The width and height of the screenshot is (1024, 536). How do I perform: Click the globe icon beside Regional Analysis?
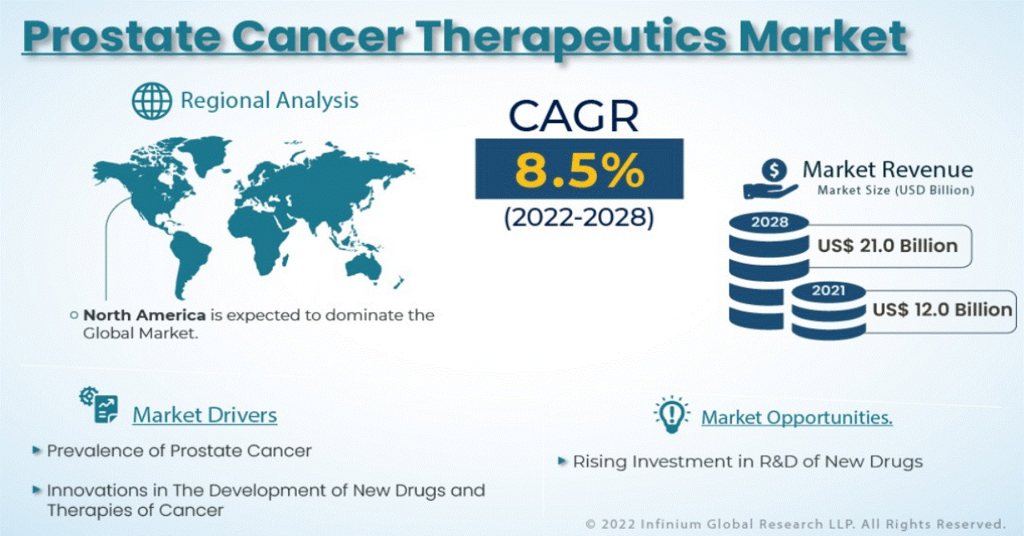[x=152, y=101]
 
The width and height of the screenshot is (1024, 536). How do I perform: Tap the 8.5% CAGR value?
[x=580, y=170]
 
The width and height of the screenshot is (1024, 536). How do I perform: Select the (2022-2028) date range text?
[x=579, y=218]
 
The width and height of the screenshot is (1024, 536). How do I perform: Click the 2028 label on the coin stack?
[x=770, y=222]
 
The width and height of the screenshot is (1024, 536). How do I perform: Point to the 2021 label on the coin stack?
[x=828, y=291]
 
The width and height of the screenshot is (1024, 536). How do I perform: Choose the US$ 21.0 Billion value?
[x=887, y=246]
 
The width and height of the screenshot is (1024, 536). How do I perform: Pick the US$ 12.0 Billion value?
[x=942, y=310]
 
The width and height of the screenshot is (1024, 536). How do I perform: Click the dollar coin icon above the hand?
[x=774, y=170]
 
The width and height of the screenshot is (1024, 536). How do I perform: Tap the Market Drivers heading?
[x=205, y=415]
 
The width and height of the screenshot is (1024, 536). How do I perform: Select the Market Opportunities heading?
[x=797, y=418]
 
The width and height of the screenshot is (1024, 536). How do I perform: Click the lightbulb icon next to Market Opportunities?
[x=671, y=414]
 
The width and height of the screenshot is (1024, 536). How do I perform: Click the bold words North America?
[x=145, y=315]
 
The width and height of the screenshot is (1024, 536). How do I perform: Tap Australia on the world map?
[x=363, y=267]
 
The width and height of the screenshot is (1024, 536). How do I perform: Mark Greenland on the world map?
[x=202, y=154]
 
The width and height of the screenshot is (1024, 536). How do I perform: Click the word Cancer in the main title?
[x=318, y=36]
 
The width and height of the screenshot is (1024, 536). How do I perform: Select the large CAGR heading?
[x=574, y=117]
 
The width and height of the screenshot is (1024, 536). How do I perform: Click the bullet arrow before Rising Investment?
[x=562, y=461]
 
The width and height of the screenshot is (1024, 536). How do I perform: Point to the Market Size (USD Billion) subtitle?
[x=895, y=190]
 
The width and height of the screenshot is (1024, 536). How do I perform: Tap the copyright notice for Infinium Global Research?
[x=796, y=524]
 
